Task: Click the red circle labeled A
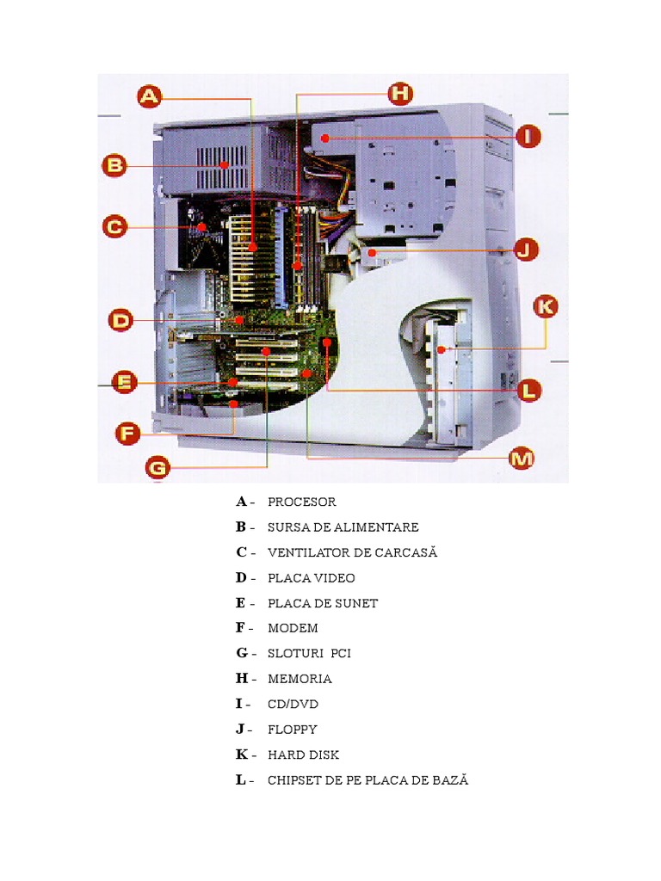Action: coord(150,96)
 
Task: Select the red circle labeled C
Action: coord(114,227)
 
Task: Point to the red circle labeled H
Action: coord(400,94)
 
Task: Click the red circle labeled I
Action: coord(528,136)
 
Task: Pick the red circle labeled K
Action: coord(546,306)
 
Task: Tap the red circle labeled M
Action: coord(522,459)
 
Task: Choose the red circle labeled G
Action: coord(158,468)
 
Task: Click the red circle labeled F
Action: coord(127,433)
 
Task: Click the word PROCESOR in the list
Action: coord(301,502)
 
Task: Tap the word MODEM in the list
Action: coord(293,628)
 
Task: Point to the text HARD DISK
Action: coord(303,755)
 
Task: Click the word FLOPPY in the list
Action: coord(292,730)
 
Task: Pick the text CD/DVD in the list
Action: coord(293,704)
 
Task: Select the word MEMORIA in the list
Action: coord(300,679)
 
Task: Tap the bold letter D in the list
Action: coord(241,577)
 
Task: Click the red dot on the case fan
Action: coord(201,227)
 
